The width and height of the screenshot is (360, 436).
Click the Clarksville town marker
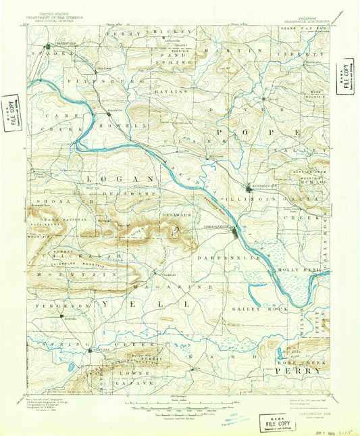pyautogui.click(x=47, y=47)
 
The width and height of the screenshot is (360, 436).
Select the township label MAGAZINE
pyautogui.click(x=175, y=287)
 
